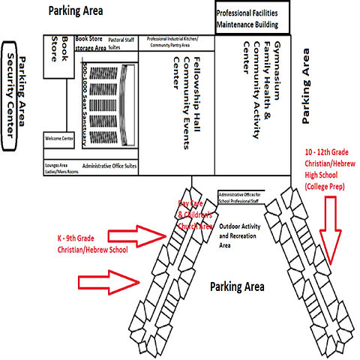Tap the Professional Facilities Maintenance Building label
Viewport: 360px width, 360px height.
(x=257, y=19)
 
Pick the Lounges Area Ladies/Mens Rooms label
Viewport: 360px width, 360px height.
(x=61, y=167)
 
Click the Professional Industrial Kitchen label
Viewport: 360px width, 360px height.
(x=178, y=41)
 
